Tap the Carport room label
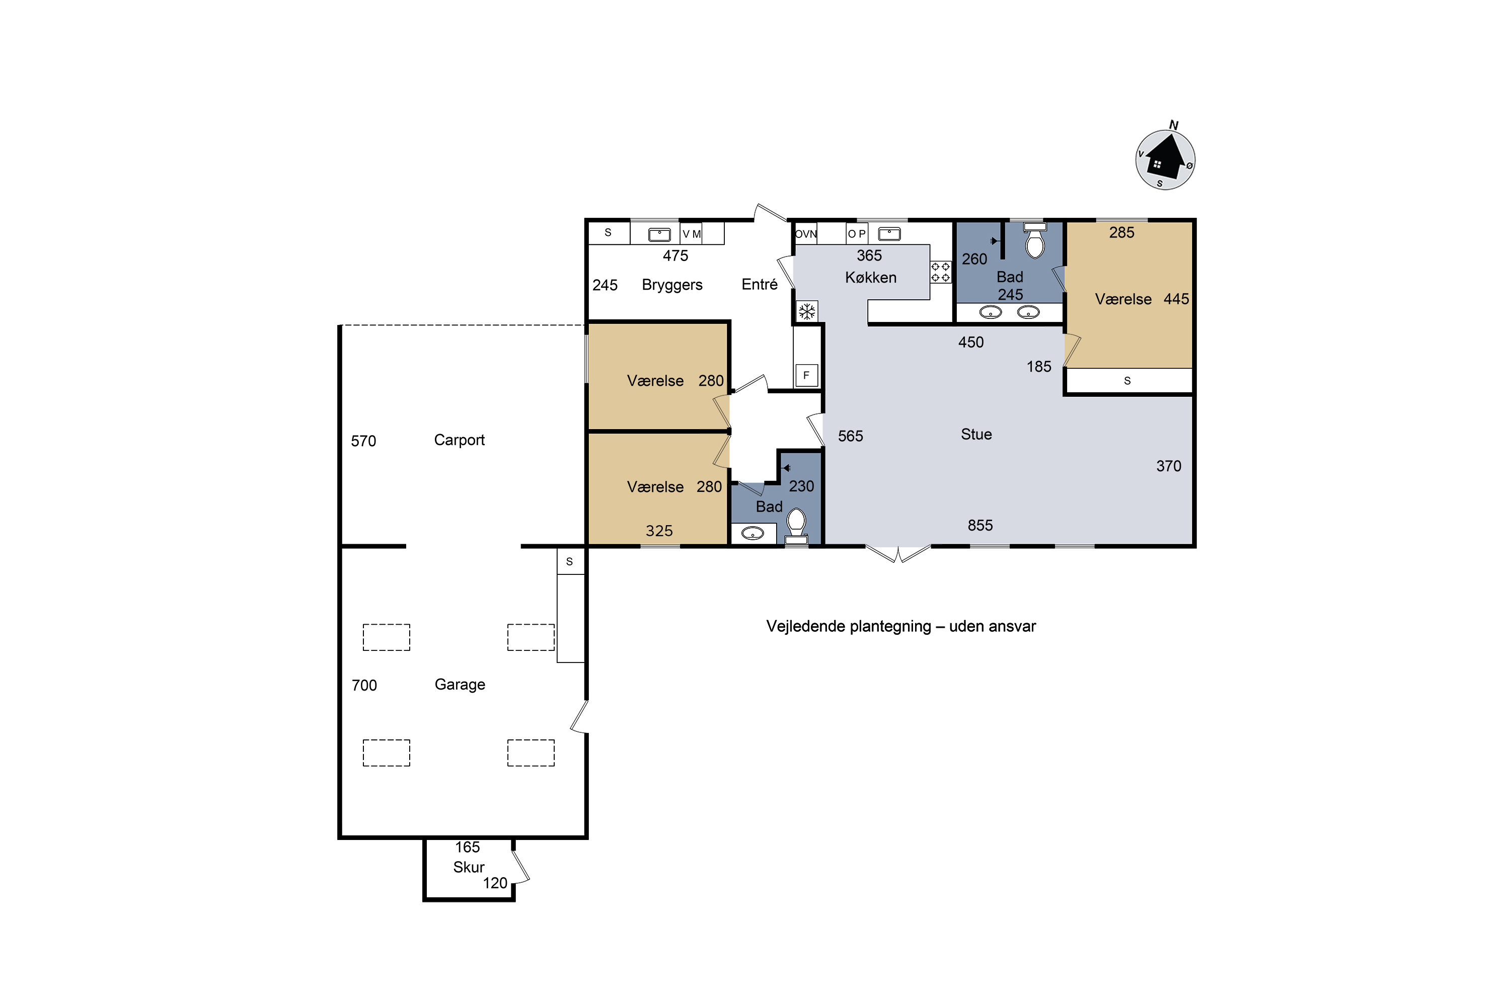coord(459,440)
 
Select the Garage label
coord(460,685)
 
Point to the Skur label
coord(469,867)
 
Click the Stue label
coord(976,435)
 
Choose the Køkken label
coord(871,278)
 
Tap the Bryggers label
coord(672,285)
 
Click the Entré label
coord(760,284)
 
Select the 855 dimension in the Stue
coord(980,526)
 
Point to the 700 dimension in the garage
coord(364,685)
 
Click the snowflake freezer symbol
coord(807,312)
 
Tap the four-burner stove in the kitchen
coord(941,272)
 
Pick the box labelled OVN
coord(806,233)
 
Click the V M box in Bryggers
coord(692,233)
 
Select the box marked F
coord(806,375)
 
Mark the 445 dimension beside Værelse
coord(1176,299)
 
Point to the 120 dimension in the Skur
coord(495,883)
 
